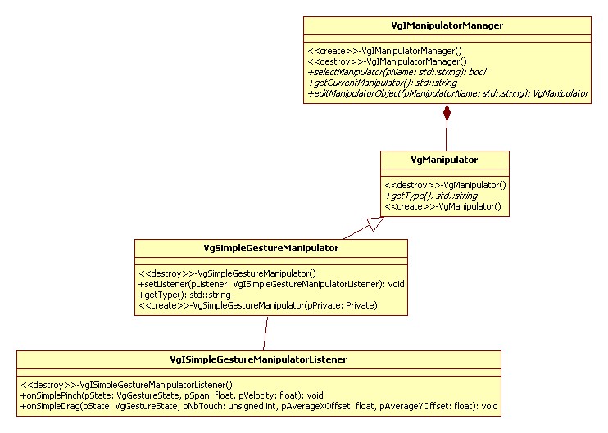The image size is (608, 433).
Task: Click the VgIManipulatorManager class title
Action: (447, 25)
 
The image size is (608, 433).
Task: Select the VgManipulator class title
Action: (445, 159)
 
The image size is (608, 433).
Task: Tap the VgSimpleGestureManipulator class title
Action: (270, 247)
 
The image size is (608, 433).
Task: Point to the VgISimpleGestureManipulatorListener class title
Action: (258, 359)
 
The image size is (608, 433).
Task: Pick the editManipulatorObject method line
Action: (447, 94)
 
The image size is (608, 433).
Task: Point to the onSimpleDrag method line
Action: (259, 406)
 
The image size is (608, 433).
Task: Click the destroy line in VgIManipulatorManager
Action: (386, 60)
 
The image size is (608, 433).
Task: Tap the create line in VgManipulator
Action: (442, 208)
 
